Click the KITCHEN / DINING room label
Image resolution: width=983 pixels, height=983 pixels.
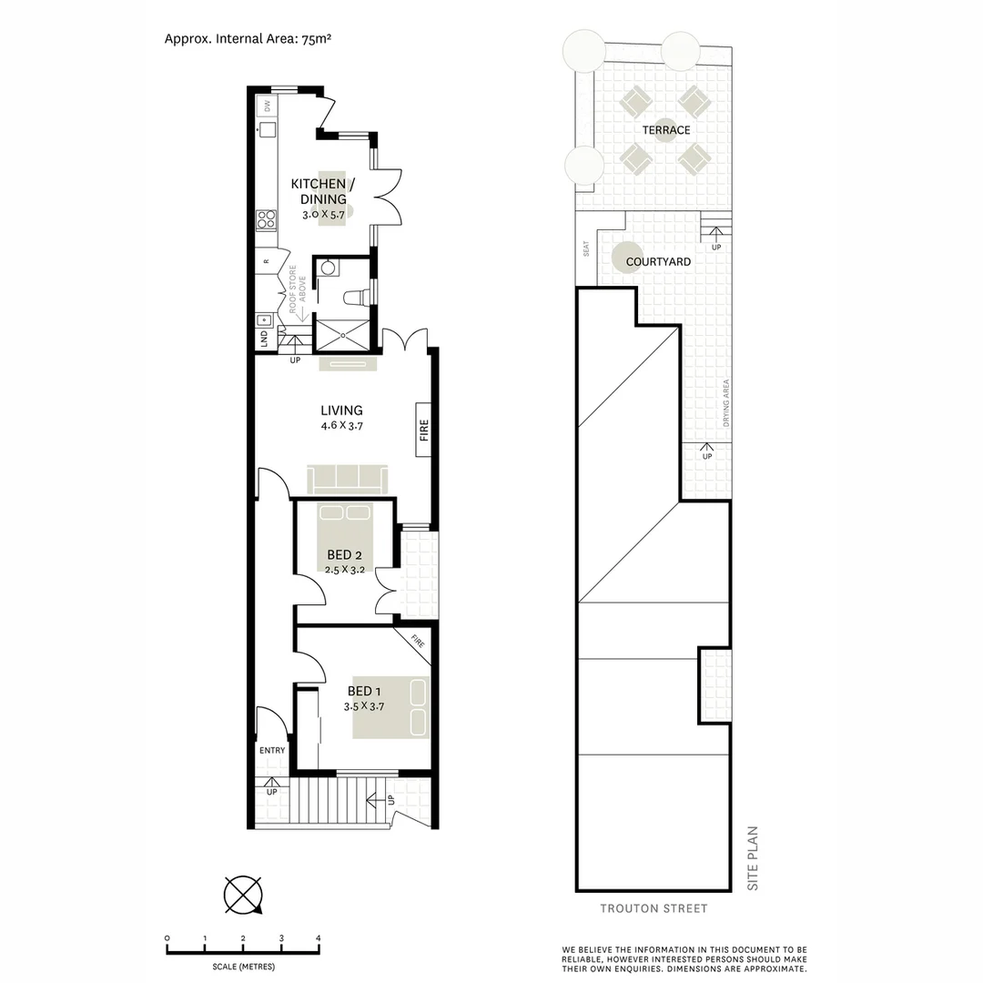coord(322,191)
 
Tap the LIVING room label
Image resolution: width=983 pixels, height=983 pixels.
coord(341,410)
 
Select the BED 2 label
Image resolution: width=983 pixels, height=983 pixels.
coord(344,555)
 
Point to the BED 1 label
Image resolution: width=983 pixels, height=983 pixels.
coord(364,691)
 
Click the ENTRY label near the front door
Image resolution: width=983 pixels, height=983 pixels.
coord(272,750)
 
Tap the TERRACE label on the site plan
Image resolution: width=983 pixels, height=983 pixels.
coord(665,130)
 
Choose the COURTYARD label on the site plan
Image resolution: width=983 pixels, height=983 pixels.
coord(658,262)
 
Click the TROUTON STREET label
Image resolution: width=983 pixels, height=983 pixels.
coord(654,908)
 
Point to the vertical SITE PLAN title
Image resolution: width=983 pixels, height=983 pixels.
coord(753,858)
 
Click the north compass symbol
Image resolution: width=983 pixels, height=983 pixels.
coord(243,895)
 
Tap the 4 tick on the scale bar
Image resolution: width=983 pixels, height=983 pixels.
coord(319,938)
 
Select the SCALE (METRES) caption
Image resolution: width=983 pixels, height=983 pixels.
coord(243,967)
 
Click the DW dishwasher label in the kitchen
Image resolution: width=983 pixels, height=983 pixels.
coord(267,106)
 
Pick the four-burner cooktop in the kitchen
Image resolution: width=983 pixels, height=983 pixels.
coord(267,219)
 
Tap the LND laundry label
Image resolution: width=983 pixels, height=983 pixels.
coord(264,339)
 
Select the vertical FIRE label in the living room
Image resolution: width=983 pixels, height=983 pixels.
coord(424,430)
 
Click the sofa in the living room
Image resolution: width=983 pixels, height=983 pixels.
coord(348,479)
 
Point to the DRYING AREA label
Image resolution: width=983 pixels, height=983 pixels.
coord(726,403)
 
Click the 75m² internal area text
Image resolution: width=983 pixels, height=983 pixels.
coord(317,38)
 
